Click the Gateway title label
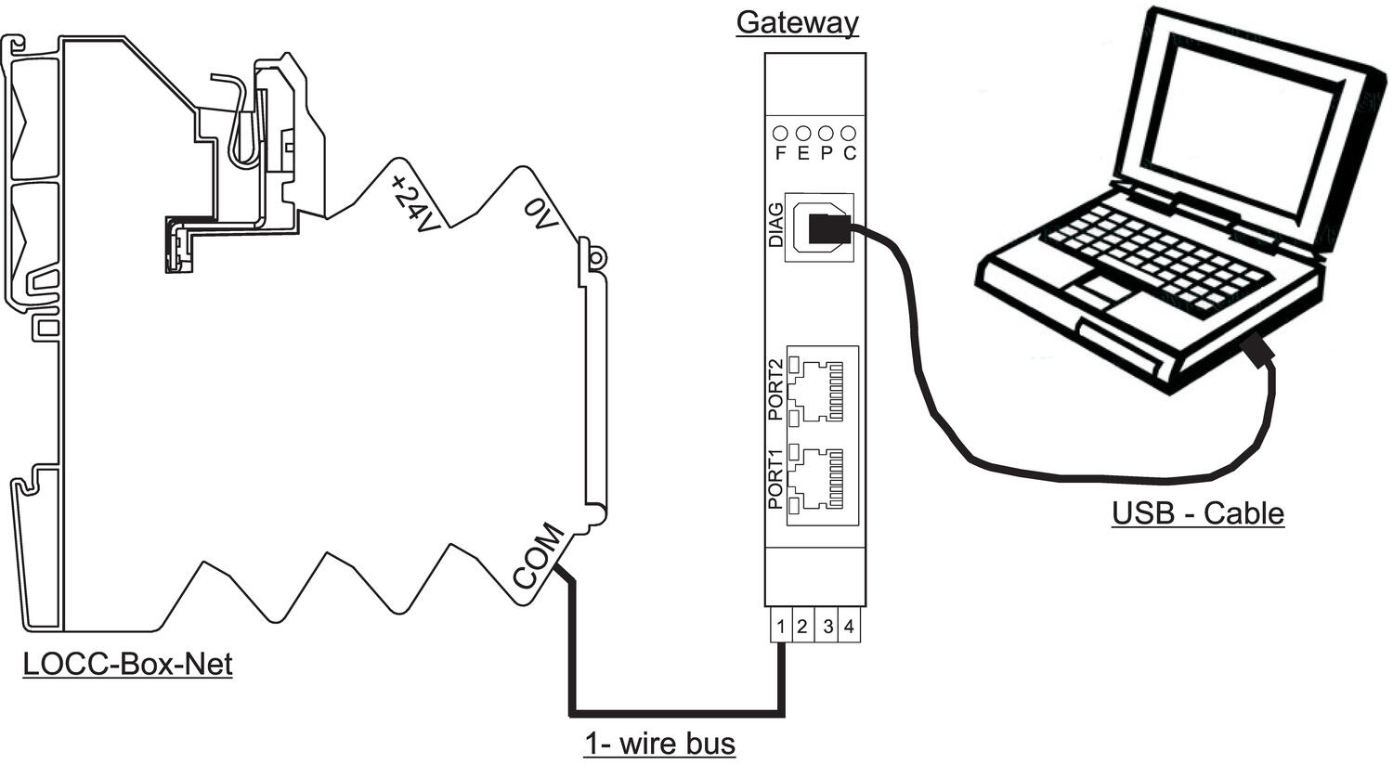pos(797,22)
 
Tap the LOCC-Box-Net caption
pos(127,665)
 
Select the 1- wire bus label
pos(659,744)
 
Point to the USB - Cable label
pos(1198,512)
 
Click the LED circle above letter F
pos(781,134)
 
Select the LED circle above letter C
pos(849,134)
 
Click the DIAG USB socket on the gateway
pos(818,227)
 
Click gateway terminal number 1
pos(781,627)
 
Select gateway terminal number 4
pos(849,627)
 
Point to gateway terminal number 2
pos(803,627)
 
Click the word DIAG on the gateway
pos(775,226)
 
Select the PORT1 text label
pos(775,478)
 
